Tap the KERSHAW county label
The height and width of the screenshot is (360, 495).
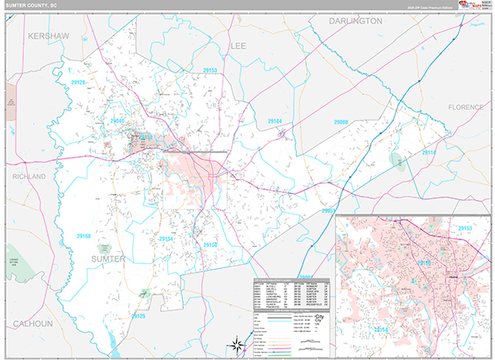(47, 36)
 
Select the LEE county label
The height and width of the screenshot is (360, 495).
(238, 45)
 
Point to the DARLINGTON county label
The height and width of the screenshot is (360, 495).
(356, 20)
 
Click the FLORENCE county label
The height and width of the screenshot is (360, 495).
(470, 107)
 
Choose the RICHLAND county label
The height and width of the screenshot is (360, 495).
(29, 177)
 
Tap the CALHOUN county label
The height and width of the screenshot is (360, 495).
(32, 323)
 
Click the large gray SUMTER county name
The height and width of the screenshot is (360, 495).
(108, 258)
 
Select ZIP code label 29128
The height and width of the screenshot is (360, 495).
(78, 83)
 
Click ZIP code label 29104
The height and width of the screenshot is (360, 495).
(275, 121)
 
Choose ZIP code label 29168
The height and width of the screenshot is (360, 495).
(85, 236)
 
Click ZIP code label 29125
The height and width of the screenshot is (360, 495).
(138, 316)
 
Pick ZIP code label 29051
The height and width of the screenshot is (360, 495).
(330, 211)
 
